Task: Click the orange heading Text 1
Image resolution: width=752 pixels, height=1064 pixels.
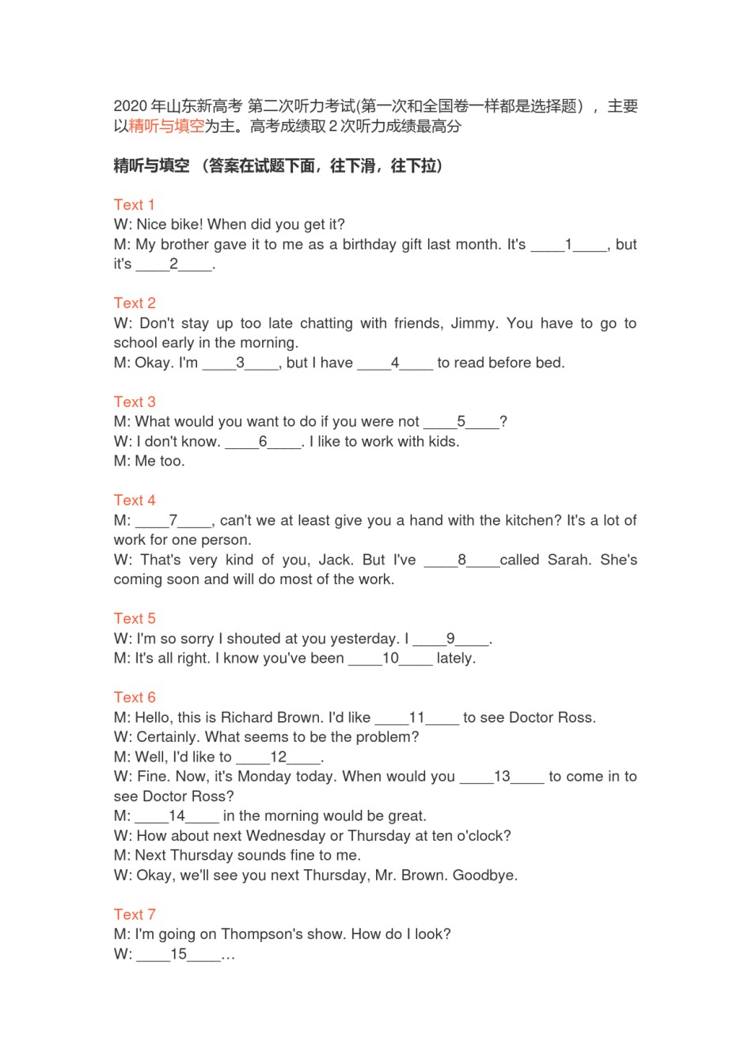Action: coord(134,204)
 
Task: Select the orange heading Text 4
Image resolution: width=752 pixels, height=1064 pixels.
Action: coord(134,500)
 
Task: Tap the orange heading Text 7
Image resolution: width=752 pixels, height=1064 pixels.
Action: coord(134,914)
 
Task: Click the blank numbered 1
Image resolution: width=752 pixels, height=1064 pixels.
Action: coord(568,245)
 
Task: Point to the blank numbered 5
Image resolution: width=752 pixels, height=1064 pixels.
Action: coord(461,422)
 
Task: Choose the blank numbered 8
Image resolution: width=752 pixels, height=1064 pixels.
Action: coord(461,560)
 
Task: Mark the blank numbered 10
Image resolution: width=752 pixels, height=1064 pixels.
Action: coord(390,659)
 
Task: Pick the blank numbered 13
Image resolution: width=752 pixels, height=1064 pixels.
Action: coord(502,777)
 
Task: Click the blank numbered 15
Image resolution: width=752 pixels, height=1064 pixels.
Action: coord(179,954)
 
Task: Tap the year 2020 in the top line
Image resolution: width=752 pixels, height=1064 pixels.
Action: coord(130,106)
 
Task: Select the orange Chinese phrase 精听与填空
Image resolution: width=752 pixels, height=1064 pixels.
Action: coord(166,126)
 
